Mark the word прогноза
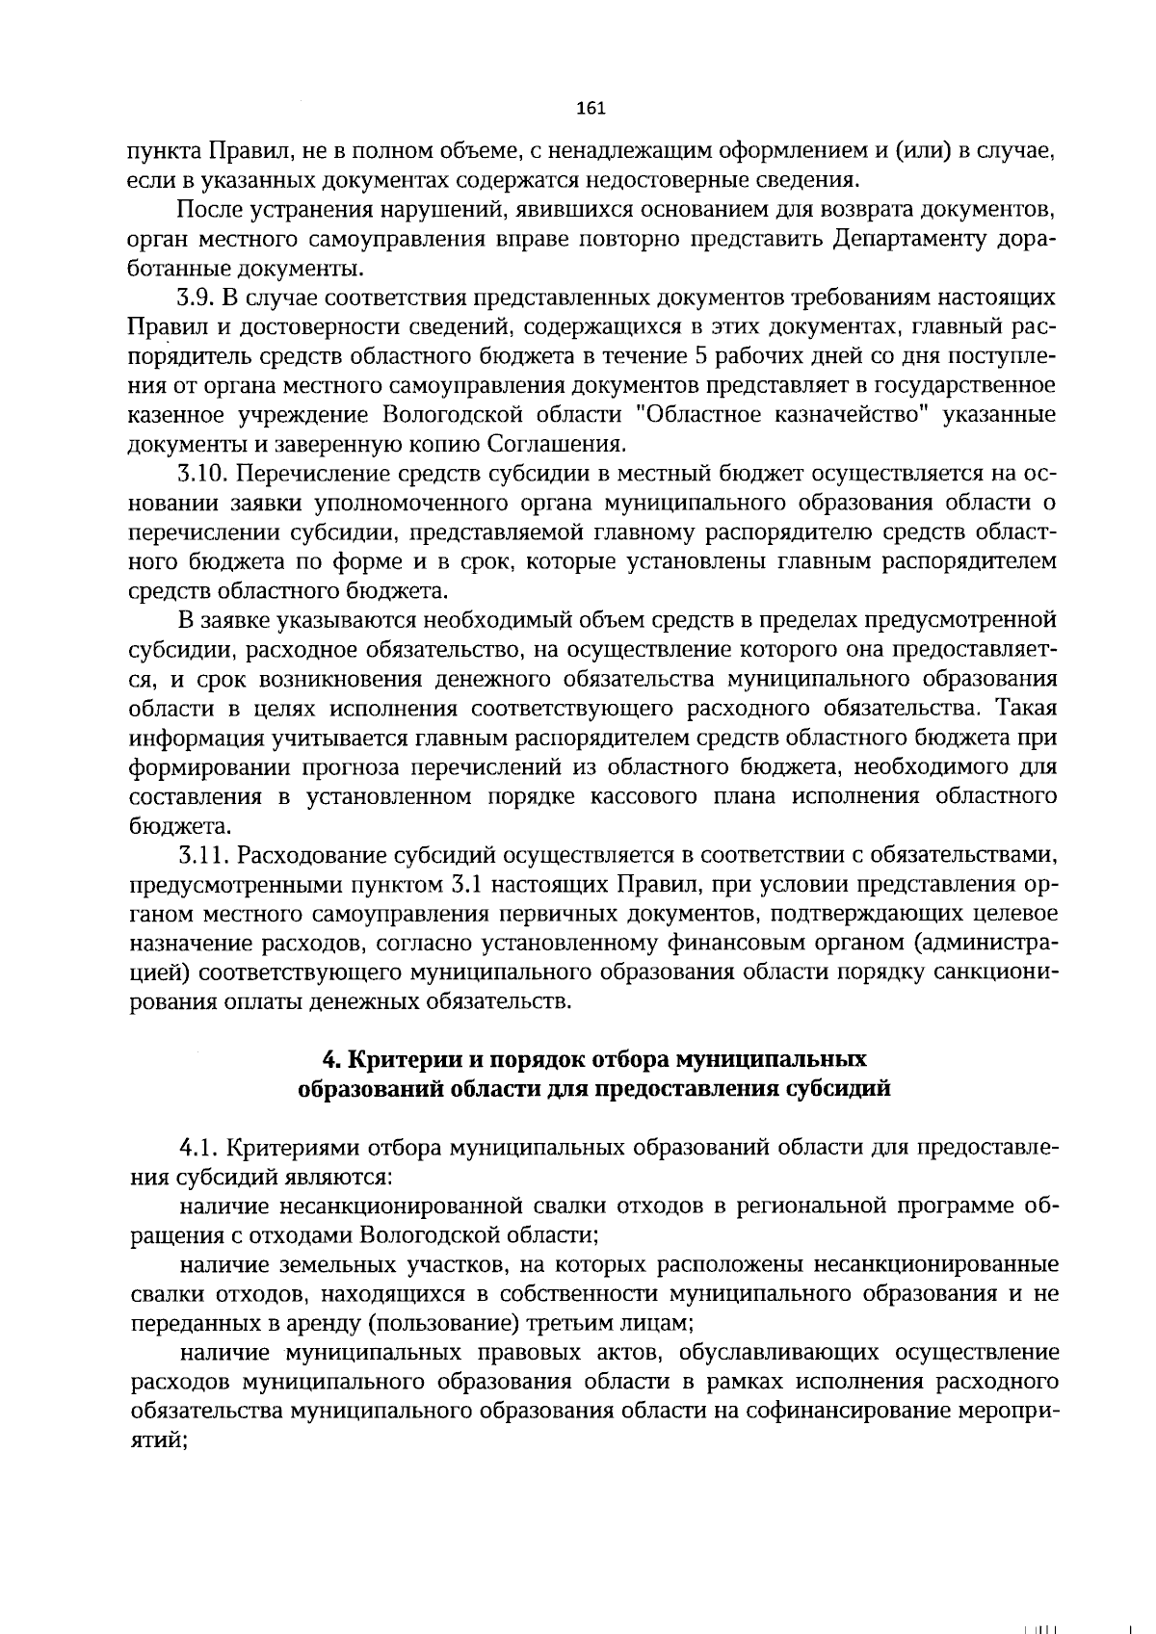[353, 768]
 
